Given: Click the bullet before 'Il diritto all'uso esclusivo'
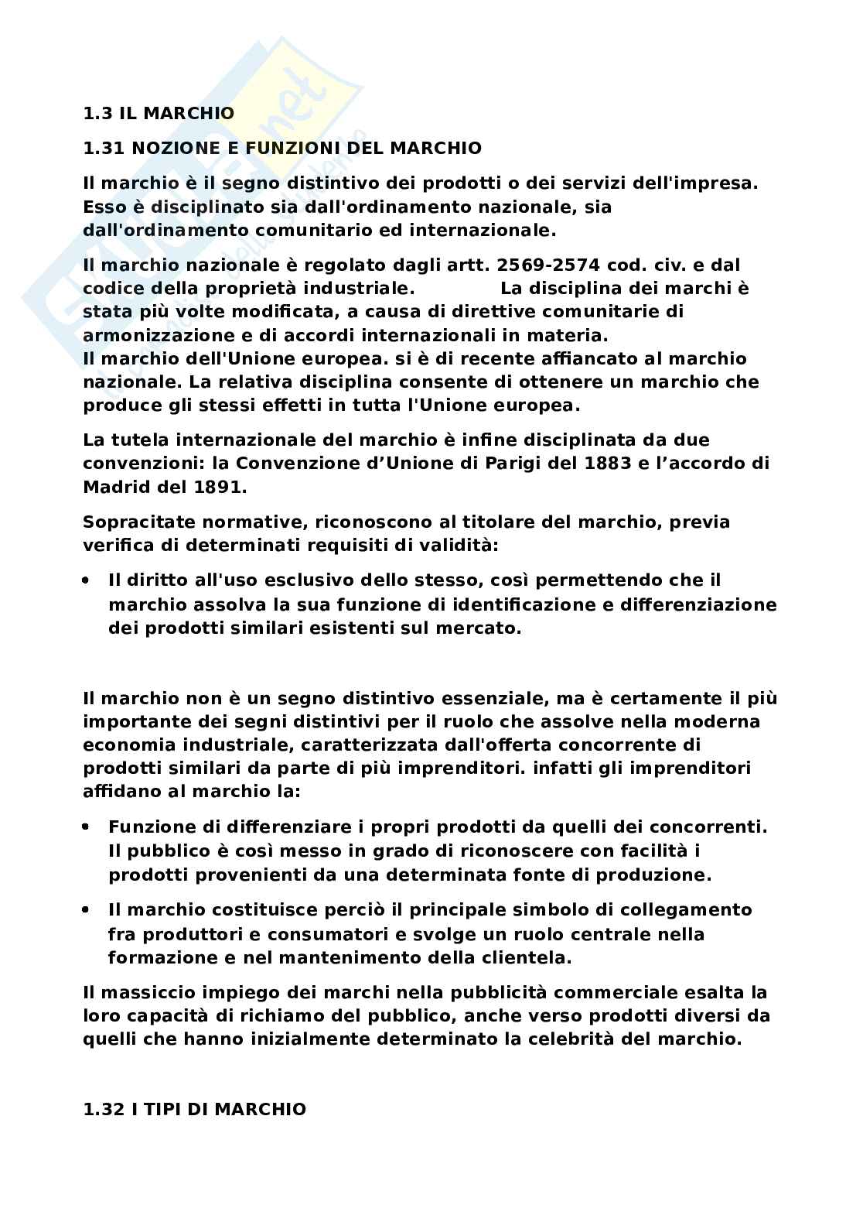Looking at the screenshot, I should [x=89, y=580].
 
